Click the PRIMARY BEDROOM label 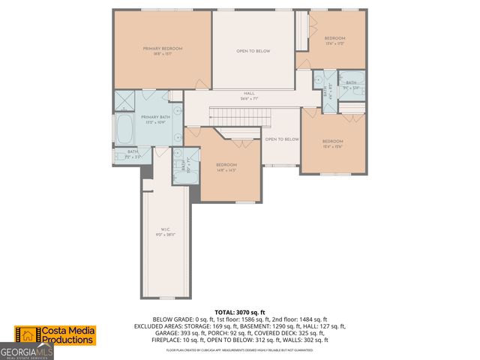pos(163,49)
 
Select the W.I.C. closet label pos(166,229)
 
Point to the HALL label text pos(248,94)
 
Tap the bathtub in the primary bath pos(124,128)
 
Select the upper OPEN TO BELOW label pos(253,51)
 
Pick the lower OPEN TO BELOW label pos(282,139)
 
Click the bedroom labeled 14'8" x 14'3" pos(226,165)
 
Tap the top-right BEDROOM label pos(334,38)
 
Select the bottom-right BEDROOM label pos(332,142)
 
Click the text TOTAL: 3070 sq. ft pos(240,312)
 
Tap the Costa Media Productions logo pos(56,335)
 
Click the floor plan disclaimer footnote pos(240,349)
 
